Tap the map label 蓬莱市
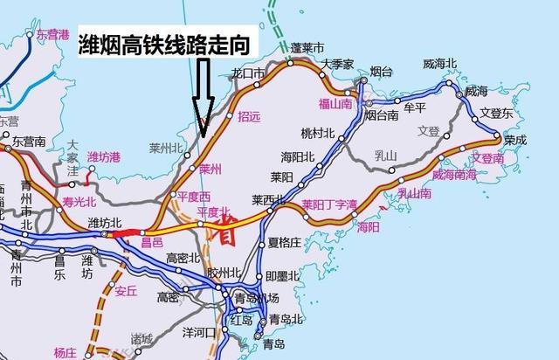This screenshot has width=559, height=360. [x=307, y=47]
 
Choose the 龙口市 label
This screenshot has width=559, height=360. [x=248, y=73]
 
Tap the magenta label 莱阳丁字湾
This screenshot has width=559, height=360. [x=330, y=204]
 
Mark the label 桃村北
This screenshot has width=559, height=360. [x=318, y=133]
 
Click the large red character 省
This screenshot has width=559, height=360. [x=226, y=233]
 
